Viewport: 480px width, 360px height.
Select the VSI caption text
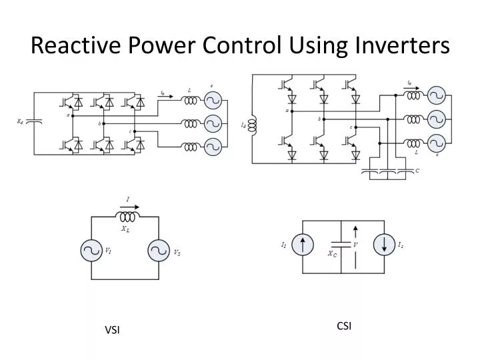[x=112, y=331]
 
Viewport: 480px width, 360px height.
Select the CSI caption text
[x=344, y=325]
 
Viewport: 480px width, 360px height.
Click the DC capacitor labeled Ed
[x=35, y=122]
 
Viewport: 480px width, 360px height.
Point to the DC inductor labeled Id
[x=253, y=125]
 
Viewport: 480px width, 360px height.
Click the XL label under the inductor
[x=125, y=229]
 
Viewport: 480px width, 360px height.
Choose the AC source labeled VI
[x=90, y=251]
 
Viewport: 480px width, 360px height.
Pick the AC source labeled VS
[x=158, y=251]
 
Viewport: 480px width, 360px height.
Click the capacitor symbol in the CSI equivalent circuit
[x=342, y=245]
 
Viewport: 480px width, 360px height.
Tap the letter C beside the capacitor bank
[x=417, y=171]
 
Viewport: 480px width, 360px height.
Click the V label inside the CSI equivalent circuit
[x=365, y=245]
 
